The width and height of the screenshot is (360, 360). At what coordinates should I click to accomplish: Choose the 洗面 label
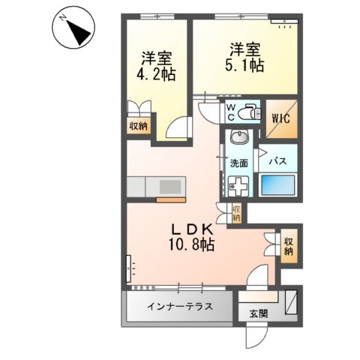[239, 162]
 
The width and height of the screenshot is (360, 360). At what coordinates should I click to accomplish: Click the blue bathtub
[277, 185]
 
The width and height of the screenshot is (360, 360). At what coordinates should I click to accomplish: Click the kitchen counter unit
[154, 185]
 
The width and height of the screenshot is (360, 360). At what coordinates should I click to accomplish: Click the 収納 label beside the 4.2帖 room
[137, 126]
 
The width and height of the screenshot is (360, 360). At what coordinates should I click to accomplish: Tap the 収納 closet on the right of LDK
[289, 245]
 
